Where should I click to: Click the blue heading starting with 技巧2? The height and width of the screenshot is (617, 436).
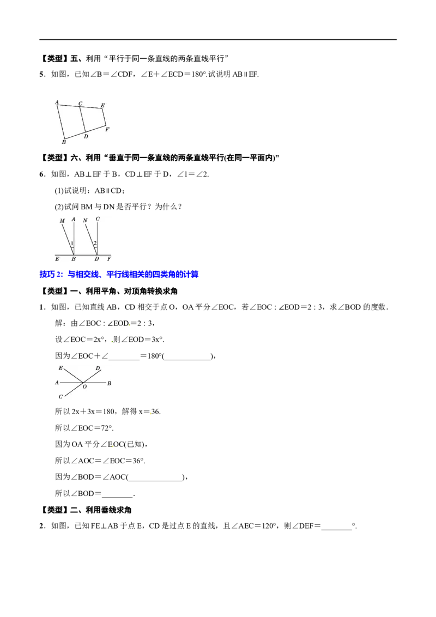[119, 274]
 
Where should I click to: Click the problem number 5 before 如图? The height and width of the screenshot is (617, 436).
[41, 74]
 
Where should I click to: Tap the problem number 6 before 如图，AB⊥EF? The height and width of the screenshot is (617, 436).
[41, 174]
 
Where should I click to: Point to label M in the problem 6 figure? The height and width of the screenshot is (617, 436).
[62, 221]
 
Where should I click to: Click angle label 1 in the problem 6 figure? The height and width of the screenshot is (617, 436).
[71, 244]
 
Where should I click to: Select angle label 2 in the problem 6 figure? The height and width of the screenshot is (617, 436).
[95, 244]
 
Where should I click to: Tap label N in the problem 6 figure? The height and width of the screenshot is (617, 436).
[85, 220]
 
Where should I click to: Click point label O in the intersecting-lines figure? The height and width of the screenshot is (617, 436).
[84, 387]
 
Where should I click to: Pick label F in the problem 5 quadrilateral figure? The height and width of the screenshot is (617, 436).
[107, 129]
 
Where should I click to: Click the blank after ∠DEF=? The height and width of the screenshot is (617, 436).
[336, 527]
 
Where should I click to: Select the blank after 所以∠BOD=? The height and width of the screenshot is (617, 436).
[117, 494]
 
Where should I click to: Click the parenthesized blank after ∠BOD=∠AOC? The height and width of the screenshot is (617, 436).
[156, 477]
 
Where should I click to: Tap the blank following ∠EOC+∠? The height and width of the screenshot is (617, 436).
[124, 356]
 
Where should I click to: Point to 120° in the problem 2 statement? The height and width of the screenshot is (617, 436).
[270, 526]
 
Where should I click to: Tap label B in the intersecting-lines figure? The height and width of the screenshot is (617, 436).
[109, 383]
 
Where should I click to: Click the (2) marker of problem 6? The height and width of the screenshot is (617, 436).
[59, 207]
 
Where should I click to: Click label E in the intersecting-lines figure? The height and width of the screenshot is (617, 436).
[60, 368]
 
